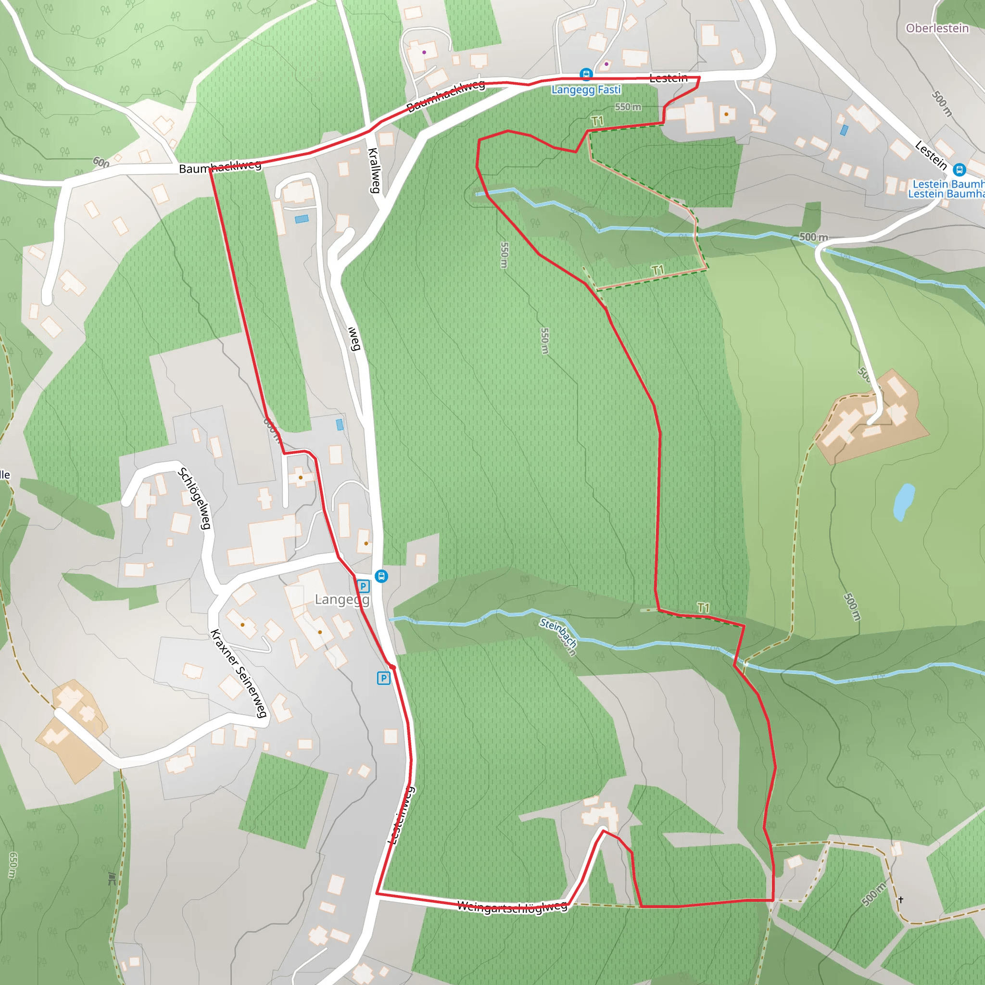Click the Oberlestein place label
click(x=937, y=28)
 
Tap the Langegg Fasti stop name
click(x=586, y=90)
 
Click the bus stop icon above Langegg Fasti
click(x=586, y=75)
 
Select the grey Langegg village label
click(x=341, y=600)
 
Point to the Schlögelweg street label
click(x=194, y=498)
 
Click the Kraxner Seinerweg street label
click(x=239, y=673)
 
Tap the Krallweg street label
click(x=374, y=170)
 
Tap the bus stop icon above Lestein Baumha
click(x=960, y=169)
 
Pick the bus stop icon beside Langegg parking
click(x=381, y=576)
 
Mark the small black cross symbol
click(x=901, y=900)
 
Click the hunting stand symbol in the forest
click(x=112, y=878)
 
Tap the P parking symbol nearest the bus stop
click(x=363, y=586)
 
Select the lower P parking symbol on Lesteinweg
click(x=383, y=678)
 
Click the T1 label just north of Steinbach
click(x=703, y=608)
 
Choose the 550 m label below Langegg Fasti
click(x=628, y=107)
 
